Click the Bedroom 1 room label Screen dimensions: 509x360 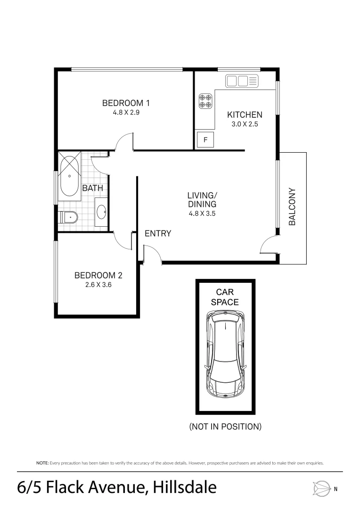[126, 103]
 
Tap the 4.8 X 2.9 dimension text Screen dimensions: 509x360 [126, 113]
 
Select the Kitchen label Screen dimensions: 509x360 [245, 115]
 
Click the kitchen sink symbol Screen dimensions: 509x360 [242, 81]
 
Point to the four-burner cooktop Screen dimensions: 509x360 [205, 100]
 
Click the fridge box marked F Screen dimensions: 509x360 [205, 140]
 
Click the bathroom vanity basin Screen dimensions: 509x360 [102, 213]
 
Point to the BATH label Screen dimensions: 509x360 [92, 188]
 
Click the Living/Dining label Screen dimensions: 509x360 [202, 199]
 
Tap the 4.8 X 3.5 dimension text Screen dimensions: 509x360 [202, 213]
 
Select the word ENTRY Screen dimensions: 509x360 [157, 233]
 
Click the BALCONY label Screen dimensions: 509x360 [292, 207]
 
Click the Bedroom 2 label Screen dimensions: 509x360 [98, 275]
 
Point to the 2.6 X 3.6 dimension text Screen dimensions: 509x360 [98, 285]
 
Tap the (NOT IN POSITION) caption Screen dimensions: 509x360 [225, 427]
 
